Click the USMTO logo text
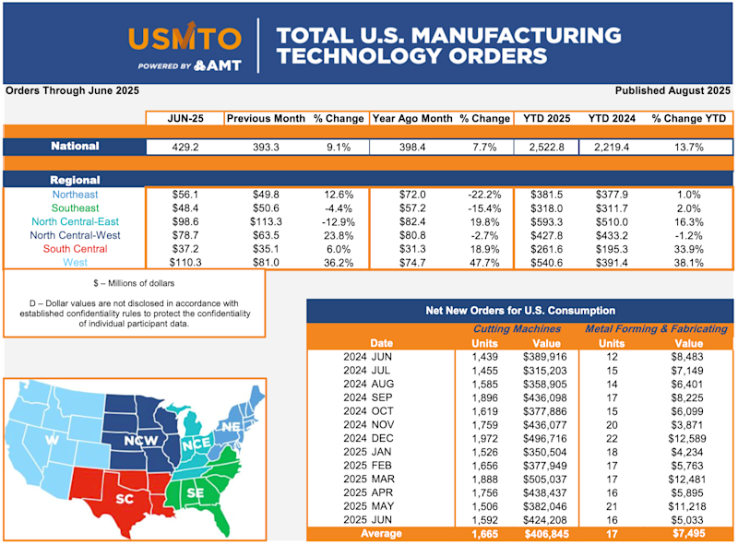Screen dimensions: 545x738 185,39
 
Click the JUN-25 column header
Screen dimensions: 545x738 184,118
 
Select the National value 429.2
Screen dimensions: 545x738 184,147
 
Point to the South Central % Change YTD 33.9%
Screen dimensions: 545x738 690,249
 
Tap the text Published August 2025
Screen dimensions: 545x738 673,90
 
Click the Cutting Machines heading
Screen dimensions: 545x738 517,328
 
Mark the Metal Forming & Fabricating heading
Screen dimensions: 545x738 656,328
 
